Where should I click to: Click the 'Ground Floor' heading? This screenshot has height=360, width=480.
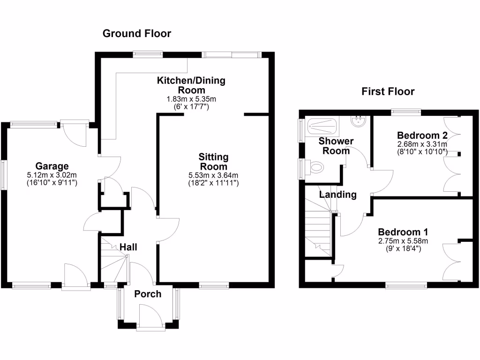pyautogui.click(x=137, y=33)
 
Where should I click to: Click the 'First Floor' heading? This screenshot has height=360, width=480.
pyautogui.click(x=388, y=91)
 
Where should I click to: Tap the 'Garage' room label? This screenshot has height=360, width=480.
pyautogui.click(x=52, y=166)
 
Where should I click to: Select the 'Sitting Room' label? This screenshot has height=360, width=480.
pyautogui.click(x=213, y=161)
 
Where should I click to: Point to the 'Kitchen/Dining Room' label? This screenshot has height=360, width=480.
pyautogui.click(x=191, y=85)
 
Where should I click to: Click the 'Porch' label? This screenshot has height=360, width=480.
pyautogui.click(x=148, y=294)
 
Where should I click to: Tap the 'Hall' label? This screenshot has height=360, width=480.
pyautogui.click(x=128, y=247)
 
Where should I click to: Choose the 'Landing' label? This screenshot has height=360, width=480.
pyautogui.click(x=338, y=195)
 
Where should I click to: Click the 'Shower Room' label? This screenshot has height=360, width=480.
pyautogui.click(x=336, y=146)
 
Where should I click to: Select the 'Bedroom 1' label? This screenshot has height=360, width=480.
pyautogui.click(x=403, y=232)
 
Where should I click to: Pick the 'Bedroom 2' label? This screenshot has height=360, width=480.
pyautogui.click(x=422, y=135)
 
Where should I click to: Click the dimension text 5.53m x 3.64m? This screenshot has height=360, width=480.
pyautogui.click(x=213, y=176)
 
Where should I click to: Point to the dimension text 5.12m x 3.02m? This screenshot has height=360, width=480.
pyautogui.click(x=52, y=175)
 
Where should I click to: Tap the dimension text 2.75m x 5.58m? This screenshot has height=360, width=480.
pyautogui.click(x=403, y=241)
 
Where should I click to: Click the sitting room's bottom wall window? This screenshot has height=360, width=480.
pyautogui.click(x=214, y=285)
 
